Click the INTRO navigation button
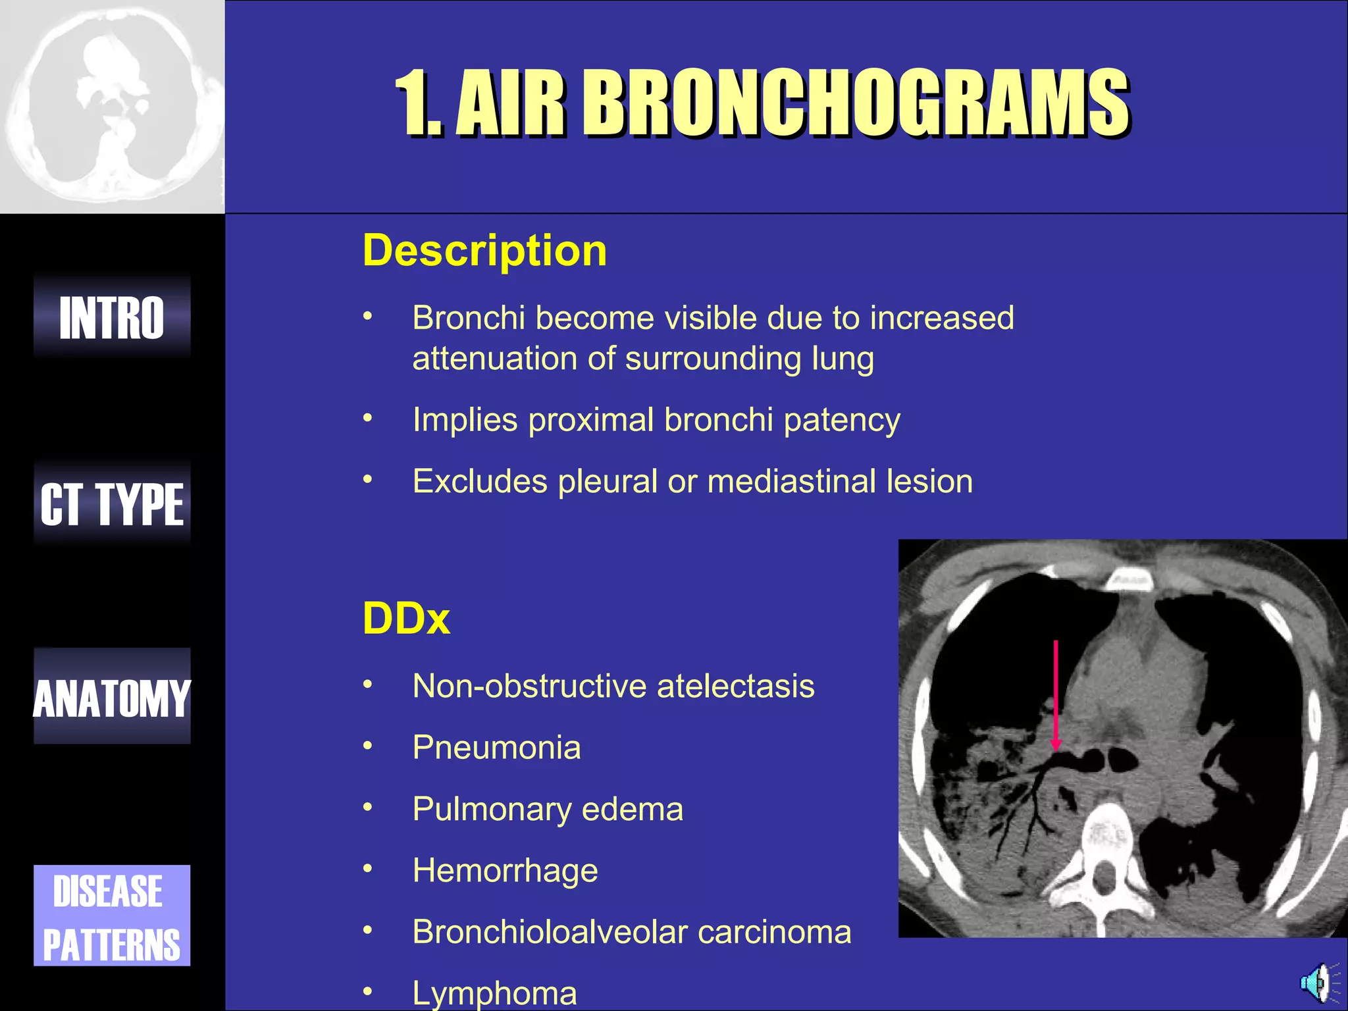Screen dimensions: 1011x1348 [x=112, y=317]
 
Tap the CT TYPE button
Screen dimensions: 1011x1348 [x=112, y=504]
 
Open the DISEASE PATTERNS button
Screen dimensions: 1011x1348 [x=112, y=916]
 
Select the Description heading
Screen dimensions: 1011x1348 [x=484, y=251]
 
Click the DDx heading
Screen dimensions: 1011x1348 [x=406, y=619]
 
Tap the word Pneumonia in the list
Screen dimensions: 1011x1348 [x=496, y=748]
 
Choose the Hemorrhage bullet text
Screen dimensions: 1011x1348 [x=505, y=871]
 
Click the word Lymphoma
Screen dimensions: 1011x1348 [x=494, y=993]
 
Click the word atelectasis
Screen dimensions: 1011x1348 [x=735, y=687]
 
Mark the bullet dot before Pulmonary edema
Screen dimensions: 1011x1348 [x=368, y=807]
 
